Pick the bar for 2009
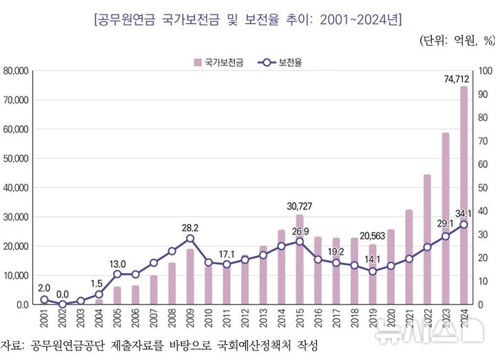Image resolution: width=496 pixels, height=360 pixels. [190, 276]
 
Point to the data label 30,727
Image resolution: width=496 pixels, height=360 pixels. [300, 207]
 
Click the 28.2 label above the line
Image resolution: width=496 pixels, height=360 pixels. [190, 227]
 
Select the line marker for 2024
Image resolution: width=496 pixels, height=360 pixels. [464, 224]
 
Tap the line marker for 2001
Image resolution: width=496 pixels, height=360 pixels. [44, 299]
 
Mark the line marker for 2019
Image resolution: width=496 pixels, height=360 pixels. [373, 271]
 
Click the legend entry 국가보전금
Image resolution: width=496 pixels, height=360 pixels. [219, 62]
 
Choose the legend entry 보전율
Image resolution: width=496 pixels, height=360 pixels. [284, 62]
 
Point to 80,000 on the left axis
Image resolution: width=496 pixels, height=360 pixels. [15, 71]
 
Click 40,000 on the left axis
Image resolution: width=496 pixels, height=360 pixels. [15, 187]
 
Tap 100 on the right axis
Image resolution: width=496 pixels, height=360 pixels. [484, 71]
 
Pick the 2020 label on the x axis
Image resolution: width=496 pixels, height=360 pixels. [391, 320]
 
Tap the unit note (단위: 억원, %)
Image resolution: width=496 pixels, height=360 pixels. [457, 40]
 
